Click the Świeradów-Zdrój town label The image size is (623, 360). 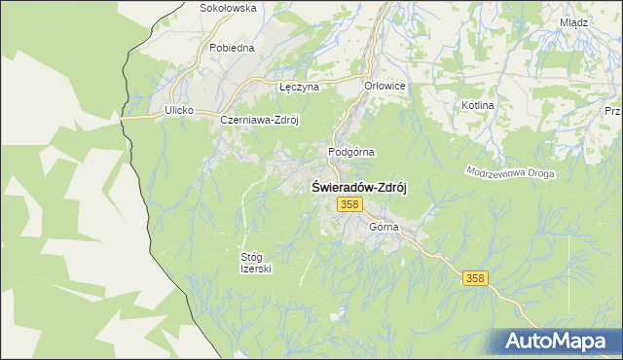tap(357, 187)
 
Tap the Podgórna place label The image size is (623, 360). tap(350, 152)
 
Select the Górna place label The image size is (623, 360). tap(385, 227)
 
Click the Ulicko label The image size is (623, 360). tap(180, 111)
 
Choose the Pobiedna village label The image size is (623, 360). tap(232, 47)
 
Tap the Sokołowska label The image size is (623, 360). tap(227, 8)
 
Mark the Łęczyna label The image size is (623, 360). tap(299, 87)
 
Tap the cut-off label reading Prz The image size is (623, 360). tap(612, 112)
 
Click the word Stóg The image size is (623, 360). tap(250, 257)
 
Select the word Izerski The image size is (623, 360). tap(256, 270)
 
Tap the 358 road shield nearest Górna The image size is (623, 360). tap(350, 204)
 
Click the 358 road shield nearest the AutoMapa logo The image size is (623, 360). tap(474, 278)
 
